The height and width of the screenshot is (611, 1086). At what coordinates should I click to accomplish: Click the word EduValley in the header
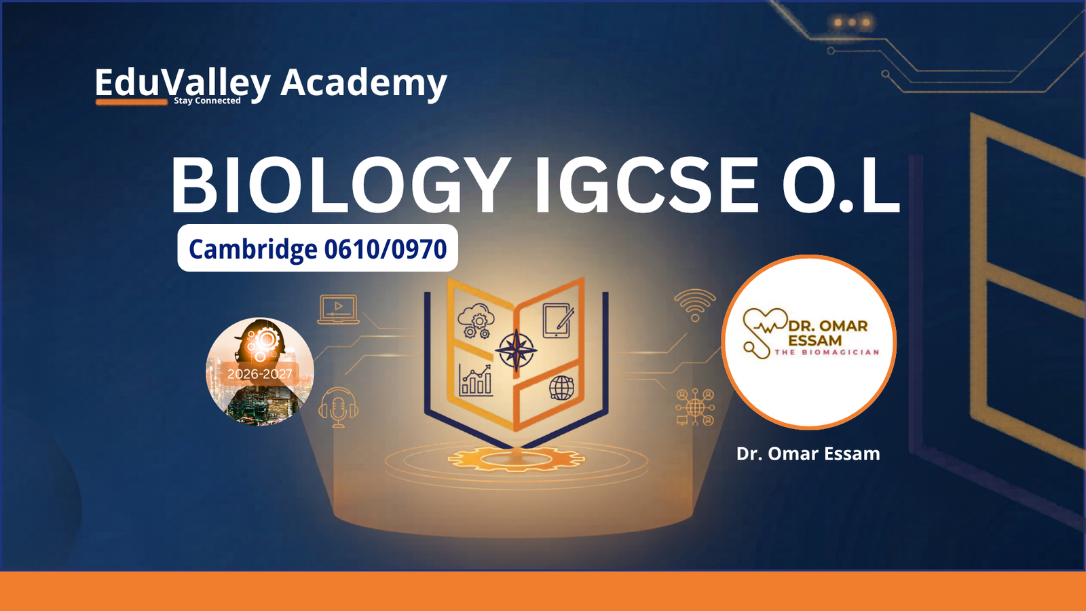[x=183, y=84]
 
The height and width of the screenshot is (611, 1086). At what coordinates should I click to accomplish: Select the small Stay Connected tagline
[x=207, y=100]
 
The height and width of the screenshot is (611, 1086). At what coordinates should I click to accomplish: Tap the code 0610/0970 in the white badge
[x=386, y=248]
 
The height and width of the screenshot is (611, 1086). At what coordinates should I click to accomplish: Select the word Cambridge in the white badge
[x=252, y=248]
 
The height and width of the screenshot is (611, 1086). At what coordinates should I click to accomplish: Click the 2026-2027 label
[x=259, y=374]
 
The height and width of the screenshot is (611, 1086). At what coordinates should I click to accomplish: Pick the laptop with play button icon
[x=339, y=309]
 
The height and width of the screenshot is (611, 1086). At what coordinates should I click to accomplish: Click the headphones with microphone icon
[x=339, y=407]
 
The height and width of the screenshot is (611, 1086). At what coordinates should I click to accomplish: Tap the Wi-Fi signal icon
[x=695, y=305]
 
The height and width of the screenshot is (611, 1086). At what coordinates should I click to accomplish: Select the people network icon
[x=695, y=407]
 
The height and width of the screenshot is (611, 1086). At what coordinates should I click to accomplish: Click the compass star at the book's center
[x=516, y=350]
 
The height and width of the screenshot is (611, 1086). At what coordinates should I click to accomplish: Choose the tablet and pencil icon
[x=558, y=320]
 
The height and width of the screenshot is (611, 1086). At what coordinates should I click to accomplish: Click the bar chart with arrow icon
[x=475, y=380]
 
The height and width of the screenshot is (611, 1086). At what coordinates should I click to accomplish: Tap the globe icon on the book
[x=561, y=388]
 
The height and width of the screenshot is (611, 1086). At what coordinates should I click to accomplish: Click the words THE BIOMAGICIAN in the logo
[x=827, y=352]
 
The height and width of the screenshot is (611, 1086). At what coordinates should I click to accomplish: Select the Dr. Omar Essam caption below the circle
[x=808, y=454]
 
